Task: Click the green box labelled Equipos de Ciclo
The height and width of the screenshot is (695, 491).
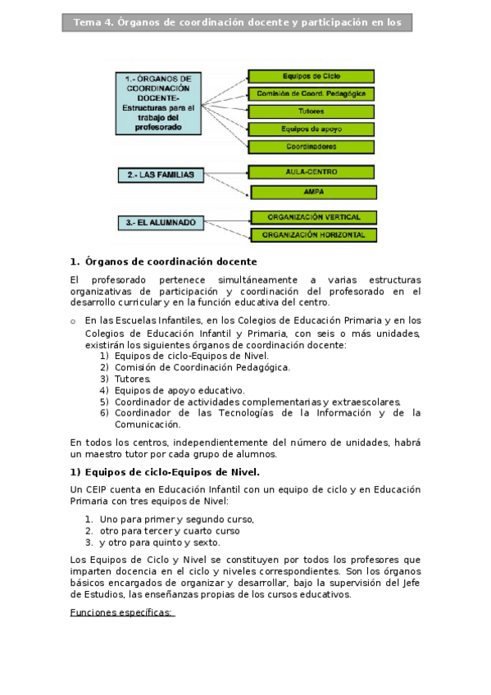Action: (x=311, y=76)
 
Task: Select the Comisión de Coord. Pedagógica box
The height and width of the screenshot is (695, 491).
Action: (x=311, y=93)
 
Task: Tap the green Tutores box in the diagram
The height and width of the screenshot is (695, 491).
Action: (x=311, y=111)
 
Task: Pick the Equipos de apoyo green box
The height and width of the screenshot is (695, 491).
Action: (x=311, y=129)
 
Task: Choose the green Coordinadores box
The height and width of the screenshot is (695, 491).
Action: (x=311, y=148)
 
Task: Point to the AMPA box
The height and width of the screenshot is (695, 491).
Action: (x=314, y=193)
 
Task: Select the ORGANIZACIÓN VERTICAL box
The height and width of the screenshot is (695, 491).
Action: (x=314, y=217)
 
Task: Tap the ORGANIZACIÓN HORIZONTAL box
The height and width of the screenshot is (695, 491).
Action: (x=314, y=235)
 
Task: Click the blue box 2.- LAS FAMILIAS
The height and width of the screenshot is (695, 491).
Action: (x=160, y=175)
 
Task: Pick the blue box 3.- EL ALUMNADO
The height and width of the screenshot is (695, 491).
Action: (x=160, y=221)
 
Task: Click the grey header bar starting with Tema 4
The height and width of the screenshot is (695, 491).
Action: (x=237, y=23)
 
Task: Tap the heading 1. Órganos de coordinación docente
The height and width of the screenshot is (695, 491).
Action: (x=164, y=262)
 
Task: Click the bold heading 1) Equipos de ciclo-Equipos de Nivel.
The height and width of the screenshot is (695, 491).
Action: (x=165, y=472)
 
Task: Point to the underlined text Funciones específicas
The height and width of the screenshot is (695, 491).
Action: (x=122, y=613)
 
